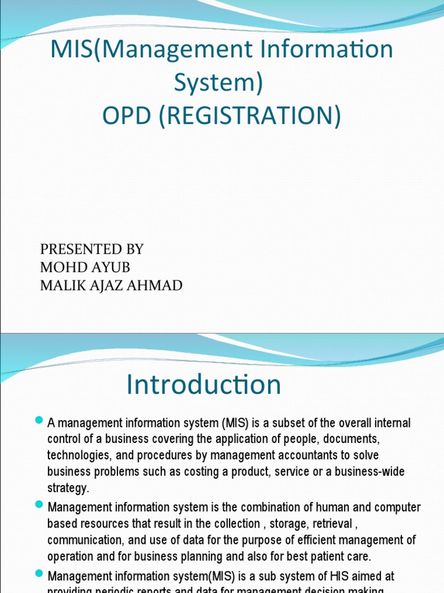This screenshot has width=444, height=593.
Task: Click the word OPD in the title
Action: pos(126,116)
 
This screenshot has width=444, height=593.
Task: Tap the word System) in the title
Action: pos(219,83)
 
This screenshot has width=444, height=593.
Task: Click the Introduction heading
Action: pos(203,385)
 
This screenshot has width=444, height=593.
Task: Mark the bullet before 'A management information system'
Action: pos(39,419)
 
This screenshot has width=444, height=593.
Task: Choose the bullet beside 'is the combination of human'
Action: pos(39,505)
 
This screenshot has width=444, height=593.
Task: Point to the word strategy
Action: pos(68,488)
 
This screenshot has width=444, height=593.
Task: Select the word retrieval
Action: pos(331,524)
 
